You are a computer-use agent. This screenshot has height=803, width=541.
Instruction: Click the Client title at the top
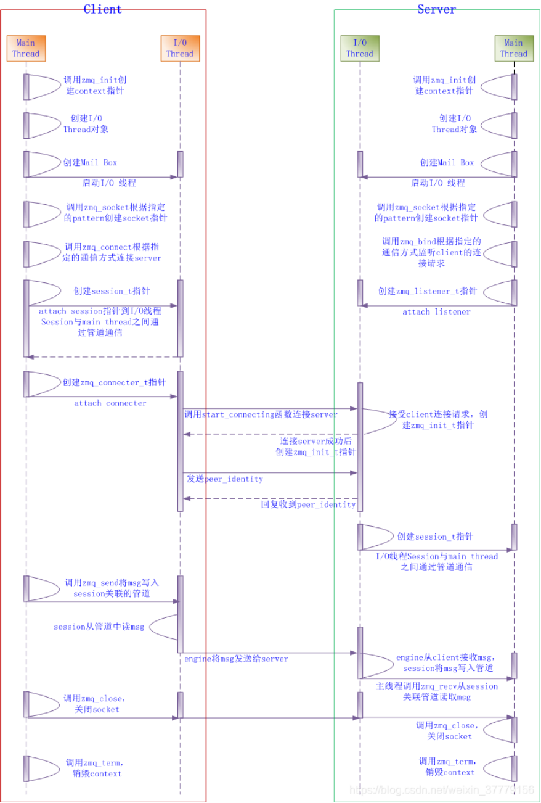pyautogui.click(x=102, y=9)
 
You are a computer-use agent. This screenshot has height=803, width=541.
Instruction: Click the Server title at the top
pyautogui.click(x=436, y=9)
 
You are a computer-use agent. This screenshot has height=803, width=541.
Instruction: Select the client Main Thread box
pyautogui.click(x=26, y=48)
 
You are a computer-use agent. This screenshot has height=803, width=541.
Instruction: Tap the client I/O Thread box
pyautogui.click(x=180, y=48)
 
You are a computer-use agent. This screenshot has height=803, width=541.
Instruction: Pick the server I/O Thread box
pyautogui.click(x=360, y=48)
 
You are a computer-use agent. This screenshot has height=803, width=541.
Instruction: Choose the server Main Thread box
pyautogui.click(x=514, y=48)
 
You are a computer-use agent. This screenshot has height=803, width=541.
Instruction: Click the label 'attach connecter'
pyautogui.click(x=110, y=403)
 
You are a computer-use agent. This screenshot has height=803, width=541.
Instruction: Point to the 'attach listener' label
pyautogui.click(x=436, y=312)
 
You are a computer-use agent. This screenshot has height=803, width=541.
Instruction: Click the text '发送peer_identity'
pyautogui.click(x=225, y=479)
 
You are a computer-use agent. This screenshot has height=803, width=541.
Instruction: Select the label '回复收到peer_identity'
pyautogui.click(x=308, y=504)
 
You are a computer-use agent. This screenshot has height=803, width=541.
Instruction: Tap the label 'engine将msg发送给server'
pyautogui.click(x=236, y=659)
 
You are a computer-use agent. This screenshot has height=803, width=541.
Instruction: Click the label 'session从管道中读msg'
pyautogui.click(x=99, y=627)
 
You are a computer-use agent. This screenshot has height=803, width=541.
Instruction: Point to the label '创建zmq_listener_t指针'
pyautogui.click(x=427, y=291)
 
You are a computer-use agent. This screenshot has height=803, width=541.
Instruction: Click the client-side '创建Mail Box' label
pyautogui.click(x=90, y=163)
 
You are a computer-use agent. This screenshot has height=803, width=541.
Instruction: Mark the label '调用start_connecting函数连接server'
pyautogui.click(x=261, y=415)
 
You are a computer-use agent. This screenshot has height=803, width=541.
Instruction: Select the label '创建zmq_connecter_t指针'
pyautogui.click(x=114, y=382)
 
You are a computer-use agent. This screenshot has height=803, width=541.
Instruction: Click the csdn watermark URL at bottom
pyautogui.click(x=441, y=791)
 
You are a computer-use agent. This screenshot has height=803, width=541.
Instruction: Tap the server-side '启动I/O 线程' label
pyautogui.click(x=438, y=183)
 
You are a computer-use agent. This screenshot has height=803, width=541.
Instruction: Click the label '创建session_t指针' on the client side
pyautogui.click(x=111, y=291)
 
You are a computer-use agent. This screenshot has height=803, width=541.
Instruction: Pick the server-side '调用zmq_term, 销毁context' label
pyautogui.click(x=447, y=767)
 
